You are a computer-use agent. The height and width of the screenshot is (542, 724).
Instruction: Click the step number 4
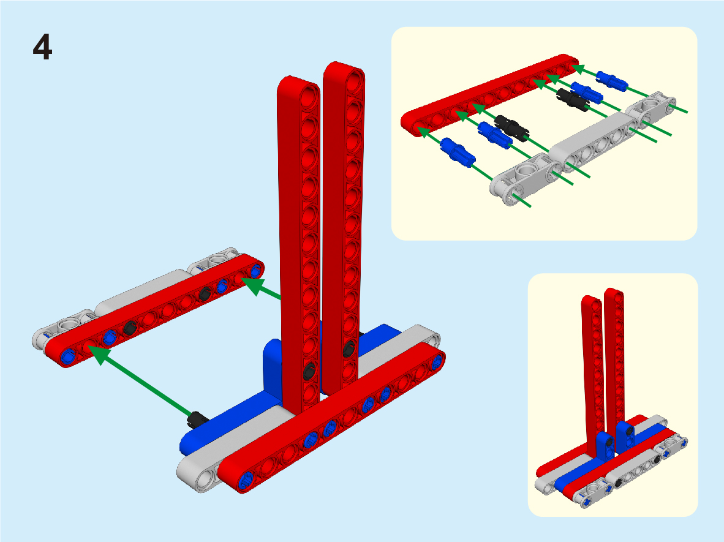[42, 47]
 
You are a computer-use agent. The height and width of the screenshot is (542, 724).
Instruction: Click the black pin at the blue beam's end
[197, 419]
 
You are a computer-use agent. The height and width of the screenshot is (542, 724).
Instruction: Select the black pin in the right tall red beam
[349, 348]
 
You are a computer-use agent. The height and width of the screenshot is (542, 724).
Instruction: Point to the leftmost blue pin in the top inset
[458, 152]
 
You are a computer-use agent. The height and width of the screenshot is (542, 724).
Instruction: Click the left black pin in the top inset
[511, 128]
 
